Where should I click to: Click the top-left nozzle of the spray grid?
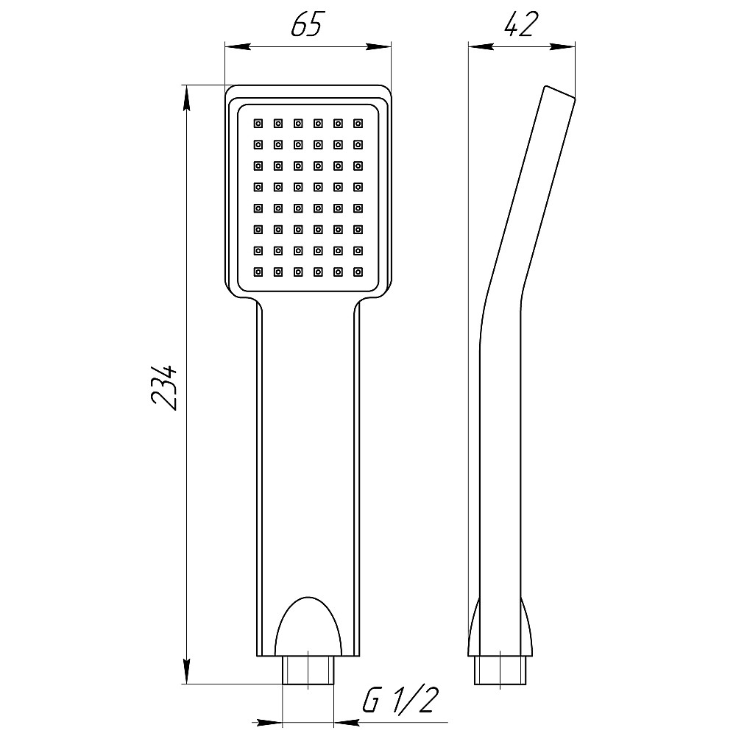(258, 124)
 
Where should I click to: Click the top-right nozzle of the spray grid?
(358, 124)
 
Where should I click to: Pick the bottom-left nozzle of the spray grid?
(258, 272)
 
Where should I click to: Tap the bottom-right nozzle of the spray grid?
(358, 272)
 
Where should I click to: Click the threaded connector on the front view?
(308, 670)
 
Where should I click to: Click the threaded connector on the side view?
(500, 670)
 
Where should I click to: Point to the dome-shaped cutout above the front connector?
(308, 626)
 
